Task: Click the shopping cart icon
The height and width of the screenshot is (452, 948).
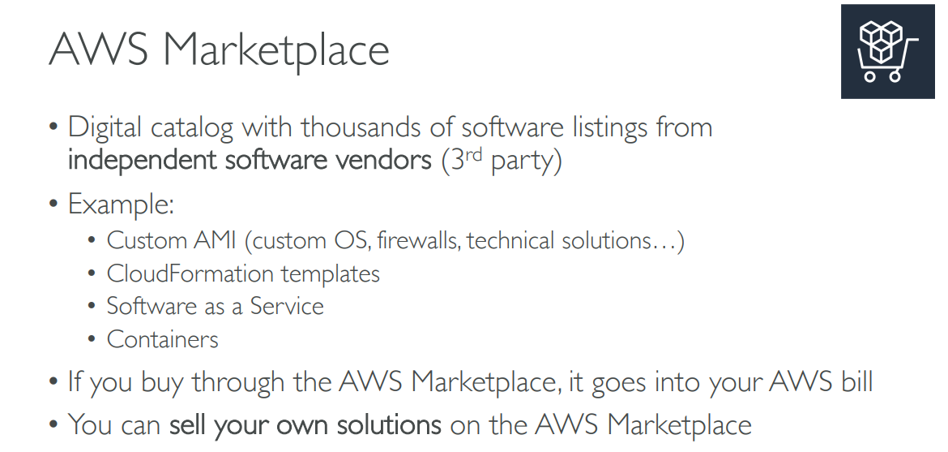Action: pos(887,51)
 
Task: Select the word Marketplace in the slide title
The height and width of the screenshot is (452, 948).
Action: pos(276,51)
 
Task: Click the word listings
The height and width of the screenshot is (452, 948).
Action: pos(600,127)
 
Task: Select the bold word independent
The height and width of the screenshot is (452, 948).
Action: pos(143,160)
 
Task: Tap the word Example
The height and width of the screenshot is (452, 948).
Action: pos(120,204)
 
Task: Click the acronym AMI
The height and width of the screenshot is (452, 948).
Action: pos(213,241)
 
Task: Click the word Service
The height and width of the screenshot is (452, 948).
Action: pos(287,306)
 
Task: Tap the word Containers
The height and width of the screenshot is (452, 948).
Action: pos(162,338)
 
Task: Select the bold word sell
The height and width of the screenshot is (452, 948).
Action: pos(188,424)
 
